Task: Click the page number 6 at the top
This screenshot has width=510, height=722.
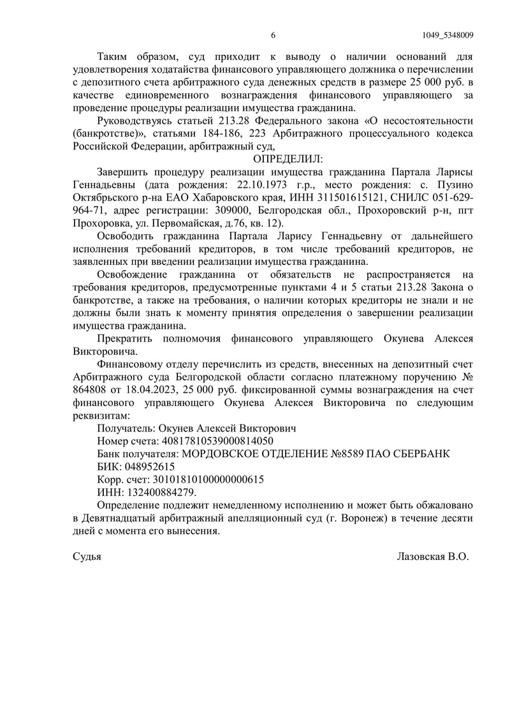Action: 272,35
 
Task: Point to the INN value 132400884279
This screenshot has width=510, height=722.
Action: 162,492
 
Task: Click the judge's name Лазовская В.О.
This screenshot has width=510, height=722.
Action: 432,557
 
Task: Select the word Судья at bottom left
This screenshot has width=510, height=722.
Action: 87,557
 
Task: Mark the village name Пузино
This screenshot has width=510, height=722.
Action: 455,184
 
